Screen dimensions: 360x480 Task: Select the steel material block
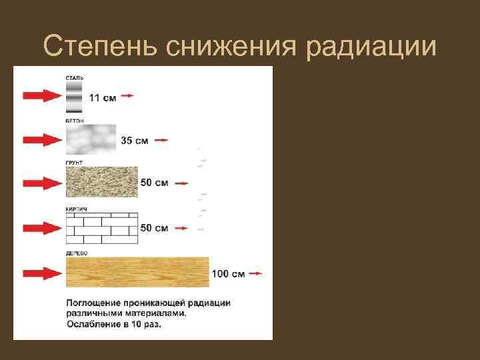74,98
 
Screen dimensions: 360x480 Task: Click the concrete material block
91,139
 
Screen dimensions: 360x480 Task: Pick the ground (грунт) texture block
101,181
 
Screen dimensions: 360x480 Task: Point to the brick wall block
101,228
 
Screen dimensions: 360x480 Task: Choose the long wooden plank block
137,272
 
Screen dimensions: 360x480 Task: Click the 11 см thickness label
102,98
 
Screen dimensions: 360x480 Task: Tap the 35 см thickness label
135,141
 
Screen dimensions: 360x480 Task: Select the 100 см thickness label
228,273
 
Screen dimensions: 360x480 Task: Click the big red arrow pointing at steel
41,97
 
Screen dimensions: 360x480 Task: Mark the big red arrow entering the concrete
41,140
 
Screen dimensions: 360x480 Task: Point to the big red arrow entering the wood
41,273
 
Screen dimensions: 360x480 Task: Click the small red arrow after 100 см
256,273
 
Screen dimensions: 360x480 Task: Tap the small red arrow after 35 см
161,141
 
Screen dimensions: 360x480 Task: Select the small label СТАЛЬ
74,78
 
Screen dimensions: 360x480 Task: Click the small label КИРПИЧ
77,209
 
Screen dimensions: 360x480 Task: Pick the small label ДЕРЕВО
77,253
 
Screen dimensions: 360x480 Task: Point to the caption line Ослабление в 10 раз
113,325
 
